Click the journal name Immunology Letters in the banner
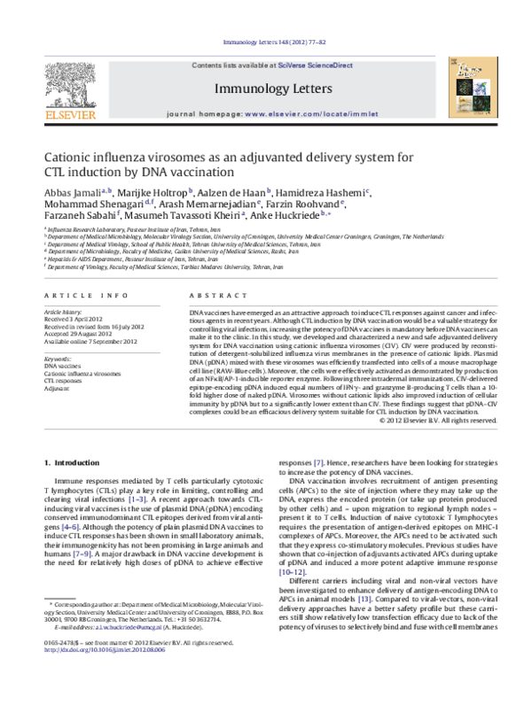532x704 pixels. (x=267, y=89)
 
